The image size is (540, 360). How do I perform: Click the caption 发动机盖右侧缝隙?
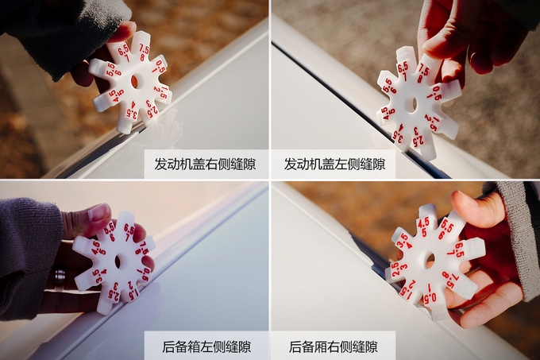tap(205, 165)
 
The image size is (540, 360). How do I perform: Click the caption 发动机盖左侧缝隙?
tap(334, 165)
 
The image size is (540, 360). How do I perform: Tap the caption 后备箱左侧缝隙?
tap(205, 346)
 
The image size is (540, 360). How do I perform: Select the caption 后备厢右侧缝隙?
tap(334, 346)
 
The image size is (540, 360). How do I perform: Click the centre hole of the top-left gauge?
tap(133, 81)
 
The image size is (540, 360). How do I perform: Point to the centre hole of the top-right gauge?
tap(411, 104)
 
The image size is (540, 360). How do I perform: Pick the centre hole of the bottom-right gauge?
tap(430, 260)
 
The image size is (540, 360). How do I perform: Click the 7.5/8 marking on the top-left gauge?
tap(144, 52)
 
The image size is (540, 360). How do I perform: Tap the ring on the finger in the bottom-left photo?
tap(60, 277)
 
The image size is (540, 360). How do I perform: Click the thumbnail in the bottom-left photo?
tap(99, 213)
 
